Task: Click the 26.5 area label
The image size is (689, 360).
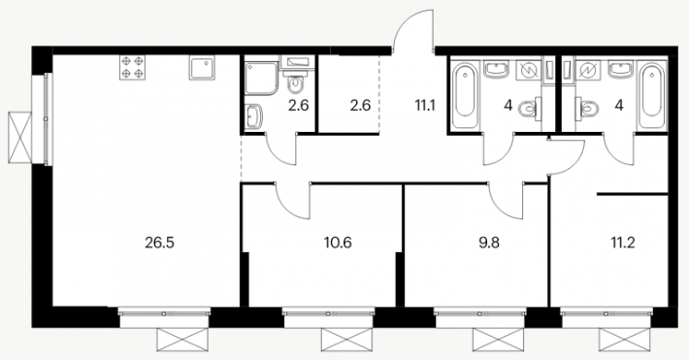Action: [159, 243]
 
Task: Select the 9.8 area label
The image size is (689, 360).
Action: [489, 243]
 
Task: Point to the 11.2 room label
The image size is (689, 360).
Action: [623, 243]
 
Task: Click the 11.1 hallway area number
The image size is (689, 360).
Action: [425, 105]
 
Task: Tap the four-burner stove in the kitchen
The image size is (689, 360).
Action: [132, 67]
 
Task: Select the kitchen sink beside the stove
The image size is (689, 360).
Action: [202, 67]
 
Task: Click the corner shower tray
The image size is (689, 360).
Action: [261, 78]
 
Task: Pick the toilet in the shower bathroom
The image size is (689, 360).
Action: [297, 84]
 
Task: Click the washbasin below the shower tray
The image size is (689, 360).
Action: [253, 116]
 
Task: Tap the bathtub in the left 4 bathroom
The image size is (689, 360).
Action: [464, 96]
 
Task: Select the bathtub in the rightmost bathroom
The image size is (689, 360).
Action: [652, 96]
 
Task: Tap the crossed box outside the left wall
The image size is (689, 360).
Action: [20, 138]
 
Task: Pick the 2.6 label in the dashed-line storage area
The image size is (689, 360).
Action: [360, 106]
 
